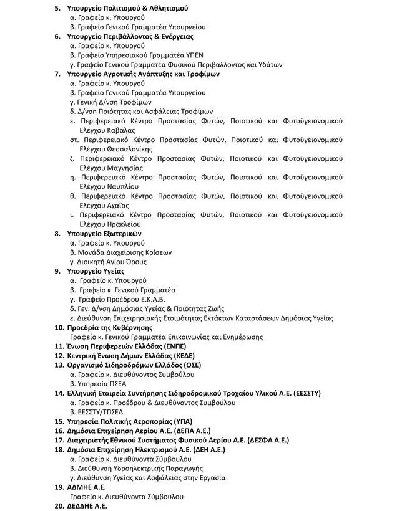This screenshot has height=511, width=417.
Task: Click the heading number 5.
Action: (x=59, y=9)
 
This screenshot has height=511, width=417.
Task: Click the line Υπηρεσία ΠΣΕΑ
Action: (x=99, y=384)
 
